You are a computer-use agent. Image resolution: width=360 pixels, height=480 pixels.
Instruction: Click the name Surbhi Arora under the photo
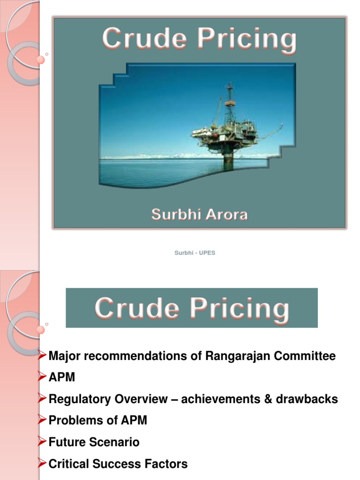point(199,215)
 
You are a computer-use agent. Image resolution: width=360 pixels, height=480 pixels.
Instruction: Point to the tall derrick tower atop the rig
point(229,103)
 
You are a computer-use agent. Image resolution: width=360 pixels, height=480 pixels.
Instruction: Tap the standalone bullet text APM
point(62,378)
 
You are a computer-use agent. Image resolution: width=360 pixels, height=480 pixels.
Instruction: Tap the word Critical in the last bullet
point(67,464)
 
